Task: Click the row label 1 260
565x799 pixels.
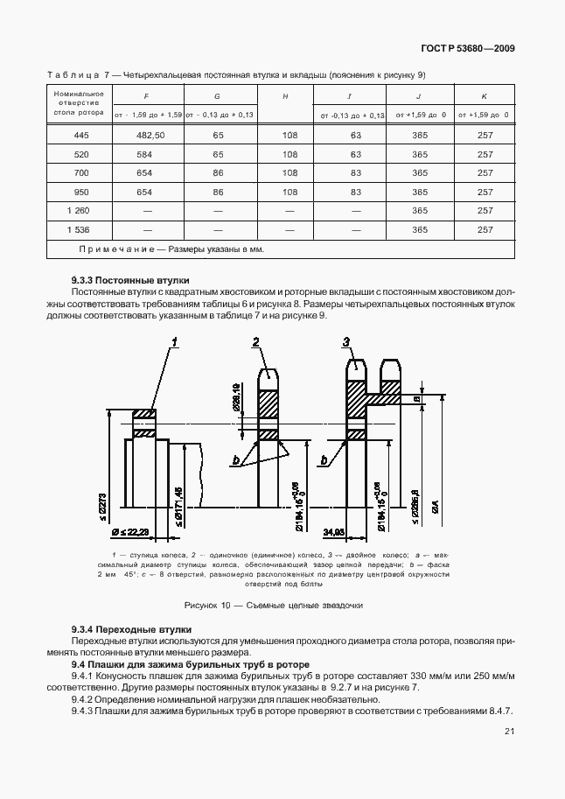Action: point(76,211)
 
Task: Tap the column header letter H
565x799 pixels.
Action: point(285,95)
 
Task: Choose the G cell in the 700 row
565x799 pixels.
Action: point(218,173)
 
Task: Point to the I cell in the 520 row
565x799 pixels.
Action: point(356,155)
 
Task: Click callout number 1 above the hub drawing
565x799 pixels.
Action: point(175,342)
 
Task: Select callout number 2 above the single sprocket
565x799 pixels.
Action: point(257,342)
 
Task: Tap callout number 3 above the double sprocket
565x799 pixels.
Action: point(347,342)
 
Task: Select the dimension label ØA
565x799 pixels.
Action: point(435,506)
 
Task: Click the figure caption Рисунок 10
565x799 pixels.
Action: point(274,606)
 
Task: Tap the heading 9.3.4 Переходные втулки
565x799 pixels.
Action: point(131,630)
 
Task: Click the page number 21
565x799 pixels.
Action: point(509,732)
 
